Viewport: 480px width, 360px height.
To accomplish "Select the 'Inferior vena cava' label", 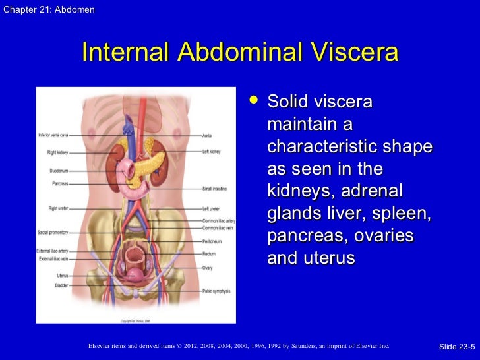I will [53, 135].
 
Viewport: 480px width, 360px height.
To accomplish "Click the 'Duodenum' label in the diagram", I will [59, 170].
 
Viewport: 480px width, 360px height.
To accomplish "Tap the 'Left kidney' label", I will [212, 152].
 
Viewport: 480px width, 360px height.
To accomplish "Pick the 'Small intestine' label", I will [216, 189].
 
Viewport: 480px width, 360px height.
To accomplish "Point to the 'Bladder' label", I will [62, 285].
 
